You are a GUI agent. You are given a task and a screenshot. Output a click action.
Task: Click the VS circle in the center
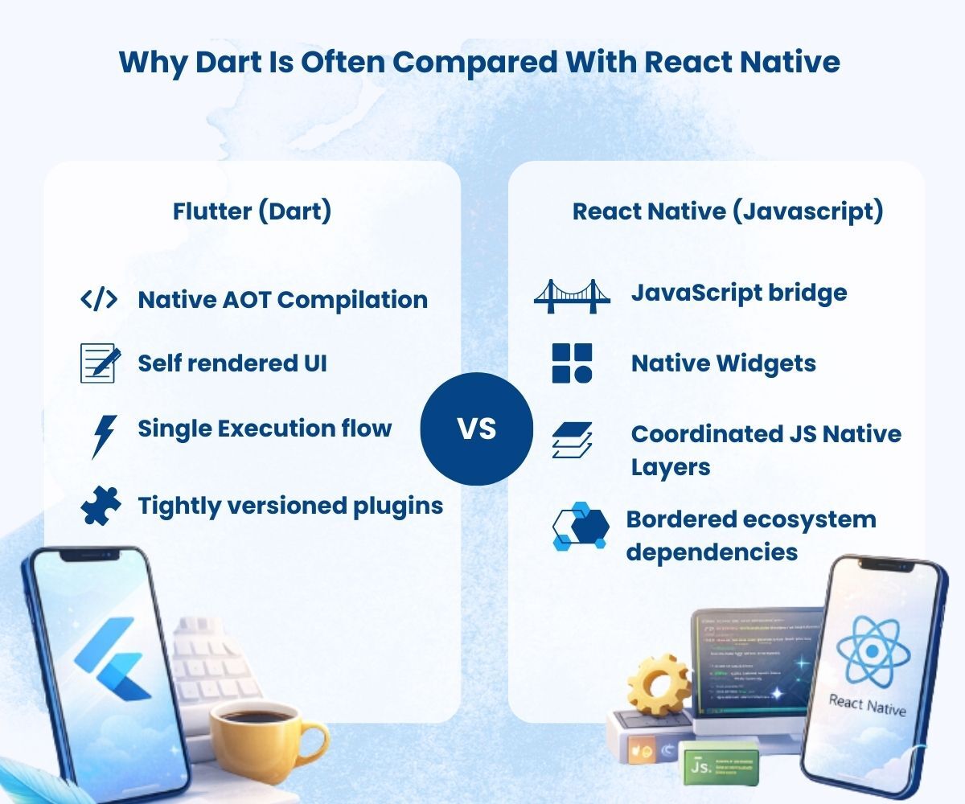point(477,429)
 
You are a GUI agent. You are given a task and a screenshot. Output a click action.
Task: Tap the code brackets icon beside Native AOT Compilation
point(99,300)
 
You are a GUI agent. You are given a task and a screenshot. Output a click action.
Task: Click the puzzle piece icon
point(101,506)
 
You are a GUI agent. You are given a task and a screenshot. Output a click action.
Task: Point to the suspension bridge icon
point(567,295)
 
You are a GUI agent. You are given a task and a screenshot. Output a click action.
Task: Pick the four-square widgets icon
point(572,363)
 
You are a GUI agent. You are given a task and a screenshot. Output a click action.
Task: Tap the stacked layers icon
point(572,440)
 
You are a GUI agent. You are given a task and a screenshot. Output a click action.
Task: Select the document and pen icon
point(101,363)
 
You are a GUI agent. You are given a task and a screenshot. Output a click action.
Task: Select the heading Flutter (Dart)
point(252,211)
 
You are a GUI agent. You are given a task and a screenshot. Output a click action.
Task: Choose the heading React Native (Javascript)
point(728,211)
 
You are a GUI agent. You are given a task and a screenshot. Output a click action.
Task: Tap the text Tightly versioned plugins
point(290,506)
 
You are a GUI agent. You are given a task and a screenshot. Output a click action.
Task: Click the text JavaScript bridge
point(738,293)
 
